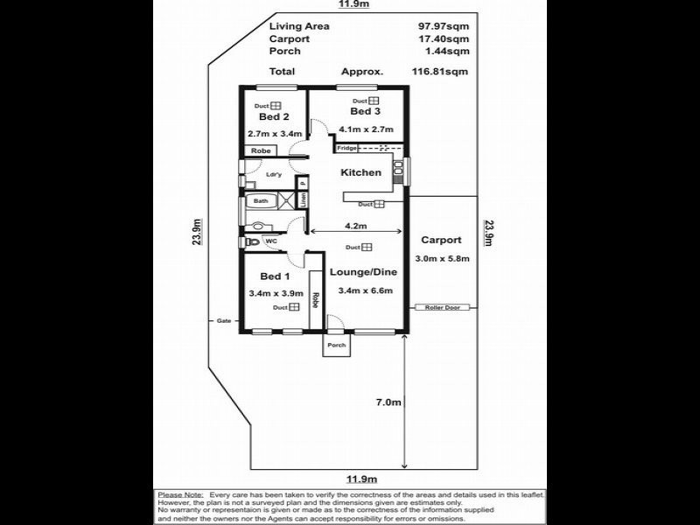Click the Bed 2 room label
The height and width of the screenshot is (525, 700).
click(x=274, y=117)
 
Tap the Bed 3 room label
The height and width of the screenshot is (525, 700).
click(x=366, y=112)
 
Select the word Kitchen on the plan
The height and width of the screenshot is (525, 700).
click(x=360, y=172)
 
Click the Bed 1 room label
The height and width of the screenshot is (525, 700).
click(x=274, y=277)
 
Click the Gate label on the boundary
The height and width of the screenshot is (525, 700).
click(x=223, y=321)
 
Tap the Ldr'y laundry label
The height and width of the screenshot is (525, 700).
click(x=273, y=174)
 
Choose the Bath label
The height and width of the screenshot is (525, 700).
click(x=261, y=201)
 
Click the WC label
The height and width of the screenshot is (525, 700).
click(x=271, y=241)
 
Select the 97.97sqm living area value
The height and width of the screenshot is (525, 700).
click(x=444, y=26)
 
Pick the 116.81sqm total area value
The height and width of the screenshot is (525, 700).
click(x=442, y=72)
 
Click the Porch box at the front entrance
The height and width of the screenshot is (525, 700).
click(x=336, y=346)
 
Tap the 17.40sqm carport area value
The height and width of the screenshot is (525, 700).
click(x=444, y=39)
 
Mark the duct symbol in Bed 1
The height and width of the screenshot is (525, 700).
click(x=294, y=307)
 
